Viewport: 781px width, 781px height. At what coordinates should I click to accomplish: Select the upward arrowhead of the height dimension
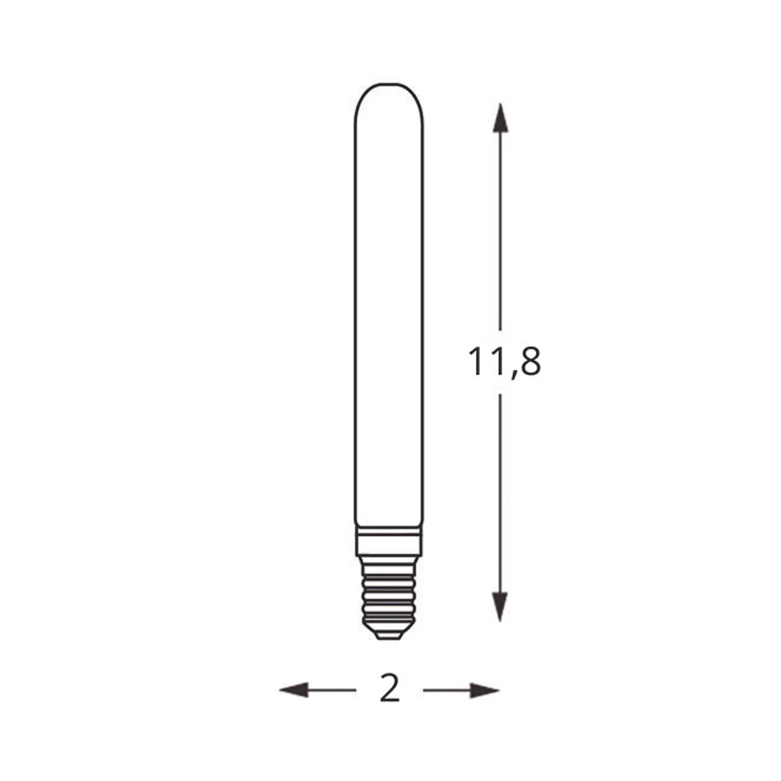coord(500,118)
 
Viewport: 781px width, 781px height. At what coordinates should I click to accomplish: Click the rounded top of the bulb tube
coord(389,84)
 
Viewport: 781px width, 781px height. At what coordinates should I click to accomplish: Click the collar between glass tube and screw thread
coord(389,541)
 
